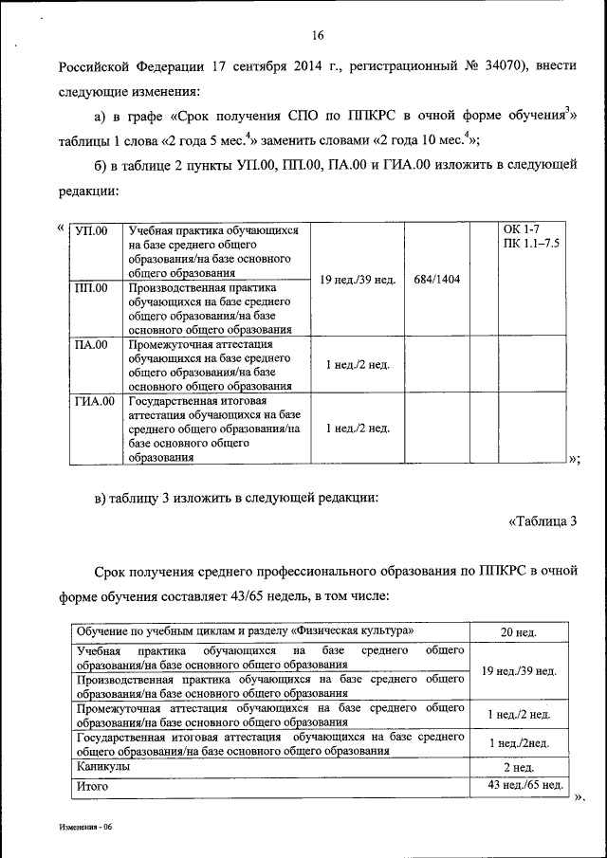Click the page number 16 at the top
click(317, 36)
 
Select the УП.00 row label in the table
click(92, 231)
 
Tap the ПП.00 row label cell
click(92, 287)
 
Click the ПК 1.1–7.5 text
click(532, 245)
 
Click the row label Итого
click(93, 786)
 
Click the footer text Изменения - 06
click(83, 828)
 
